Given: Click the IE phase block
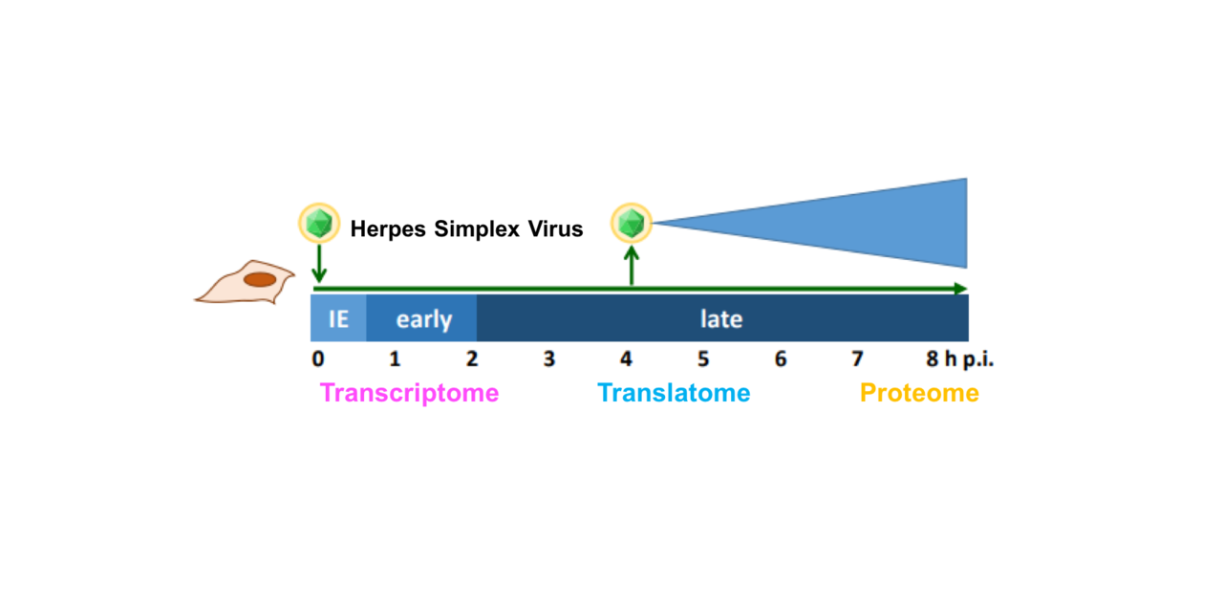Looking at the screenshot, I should click(x=338, y=318).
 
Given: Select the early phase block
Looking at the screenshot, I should click(x=423, y=318).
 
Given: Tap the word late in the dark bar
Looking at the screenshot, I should click(x=720, y=318).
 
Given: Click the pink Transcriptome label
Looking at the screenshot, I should click(x=409, y=393).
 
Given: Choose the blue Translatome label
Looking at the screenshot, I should click(x=674, y=393).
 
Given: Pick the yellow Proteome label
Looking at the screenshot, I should click(x=919, y=393).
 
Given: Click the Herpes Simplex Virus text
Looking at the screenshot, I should click(x=466, y=229).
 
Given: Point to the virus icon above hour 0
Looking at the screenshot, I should click(x=318, y=224).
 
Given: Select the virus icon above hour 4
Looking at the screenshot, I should click(x=631, y=224).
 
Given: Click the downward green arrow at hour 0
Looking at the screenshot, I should click(x=318, y=262).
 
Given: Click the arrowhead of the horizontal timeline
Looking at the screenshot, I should click(x=959, y=288).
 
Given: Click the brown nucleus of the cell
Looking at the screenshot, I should click(x=260, y=280).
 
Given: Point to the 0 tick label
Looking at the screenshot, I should click(x=318, y=359).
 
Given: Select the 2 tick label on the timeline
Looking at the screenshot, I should click(x=472, y=359).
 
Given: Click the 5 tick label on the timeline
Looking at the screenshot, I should click(x=703, y=359).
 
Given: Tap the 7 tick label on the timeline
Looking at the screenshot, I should click(x=857, y=359).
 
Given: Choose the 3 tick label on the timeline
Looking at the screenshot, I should click(x=549, y=359).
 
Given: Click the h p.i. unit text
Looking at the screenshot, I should click(x=963, y=360).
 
